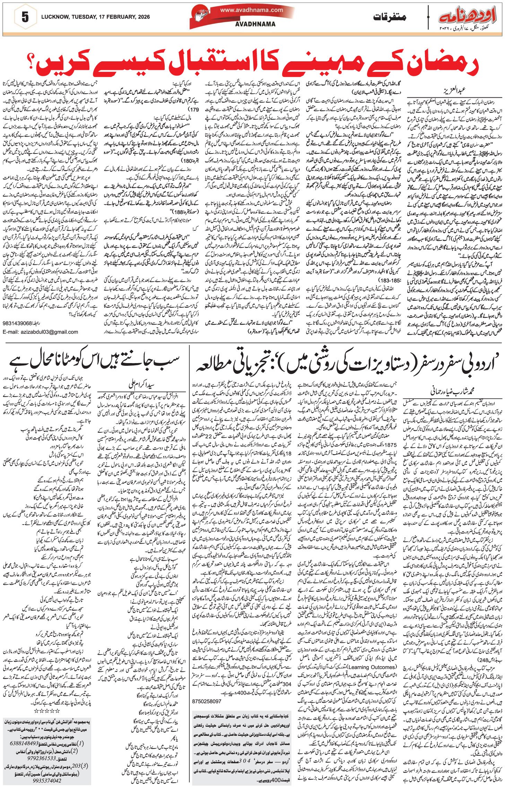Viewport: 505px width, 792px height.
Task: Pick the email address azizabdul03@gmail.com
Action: (40, 332)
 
